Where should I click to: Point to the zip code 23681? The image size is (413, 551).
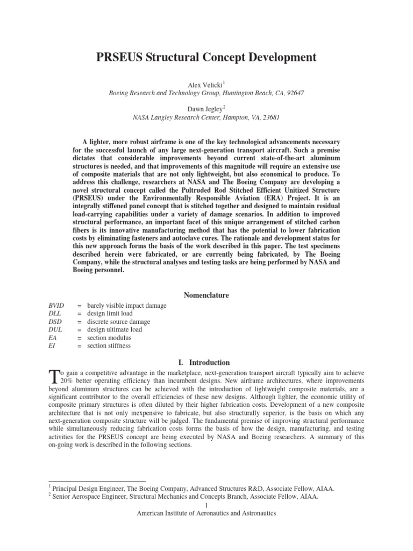(270, 117)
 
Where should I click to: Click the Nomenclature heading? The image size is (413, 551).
(206, 295)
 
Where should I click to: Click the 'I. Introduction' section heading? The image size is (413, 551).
(206, 363)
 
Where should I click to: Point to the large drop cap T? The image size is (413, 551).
(53, 377)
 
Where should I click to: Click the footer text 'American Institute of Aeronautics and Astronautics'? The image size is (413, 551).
(206, 514)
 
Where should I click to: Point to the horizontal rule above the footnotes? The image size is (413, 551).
(97, 482)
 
